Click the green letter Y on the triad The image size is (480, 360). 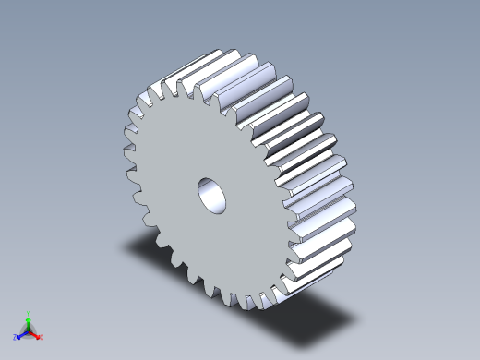click(x=30, y=314)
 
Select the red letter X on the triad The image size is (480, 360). click(x=42, y=337)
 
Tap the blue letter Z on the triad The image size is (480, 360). click(x=17, y=338)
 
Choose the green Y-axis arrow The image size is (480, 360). click(x=29, y=324)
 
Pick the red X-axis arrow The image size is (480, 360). click(x=35, y=333)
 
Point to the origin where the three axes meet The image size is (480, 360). click(x=29, y=330)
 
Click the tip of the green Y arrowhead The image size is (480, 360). click(x=29, y=318)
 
